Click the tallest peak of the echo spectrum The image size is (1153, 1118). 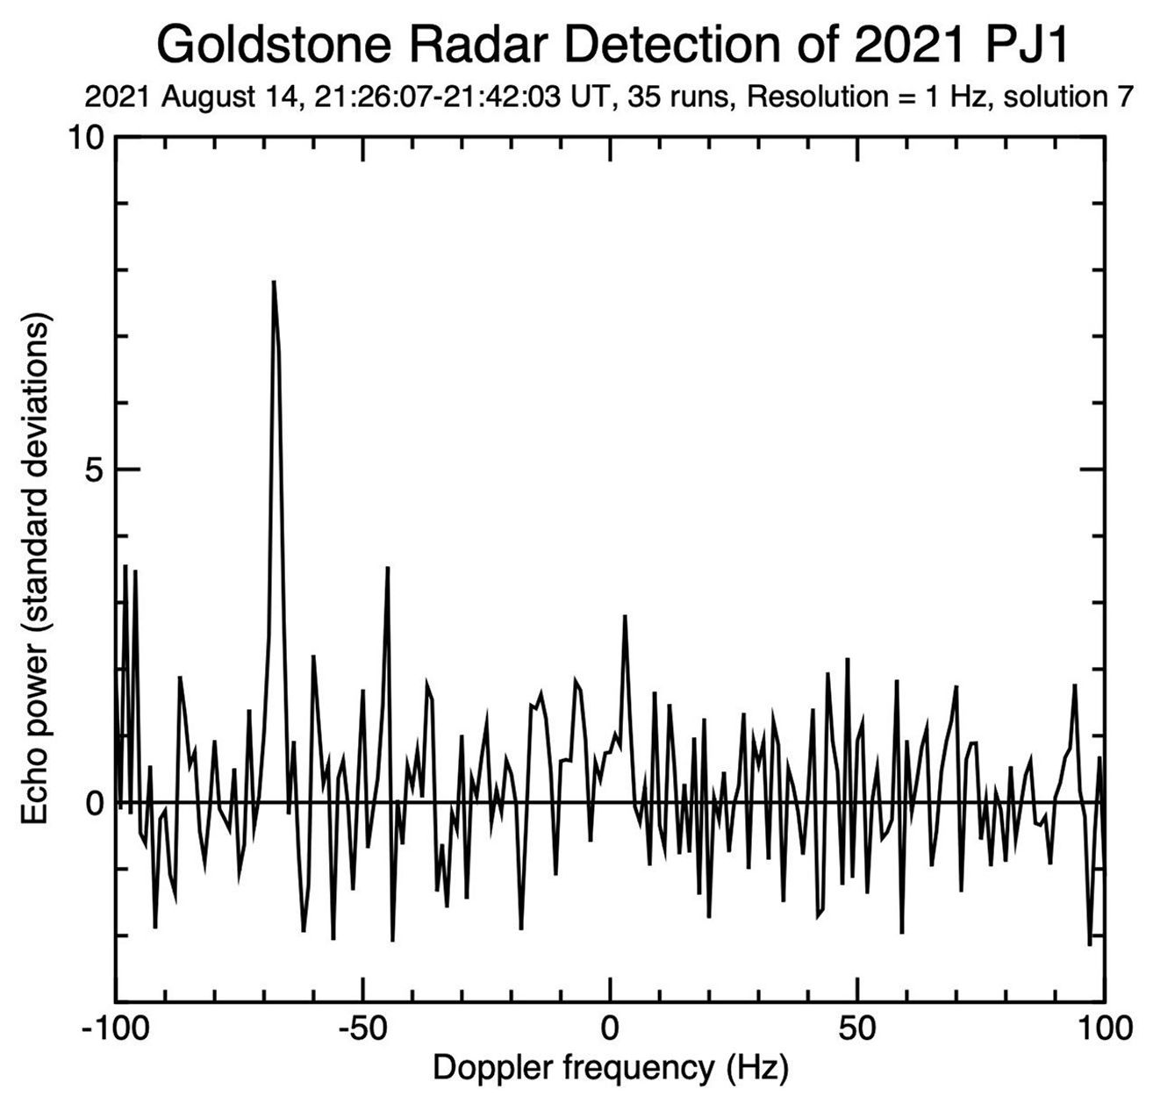tap(274, 283)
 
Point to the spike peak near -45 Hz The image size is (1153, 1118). tap(387, 569)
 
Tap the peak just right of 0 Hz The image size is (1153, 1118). tap(625, 616)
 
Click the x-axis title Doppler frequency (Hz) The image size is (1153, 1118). tap(610, 1068)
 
